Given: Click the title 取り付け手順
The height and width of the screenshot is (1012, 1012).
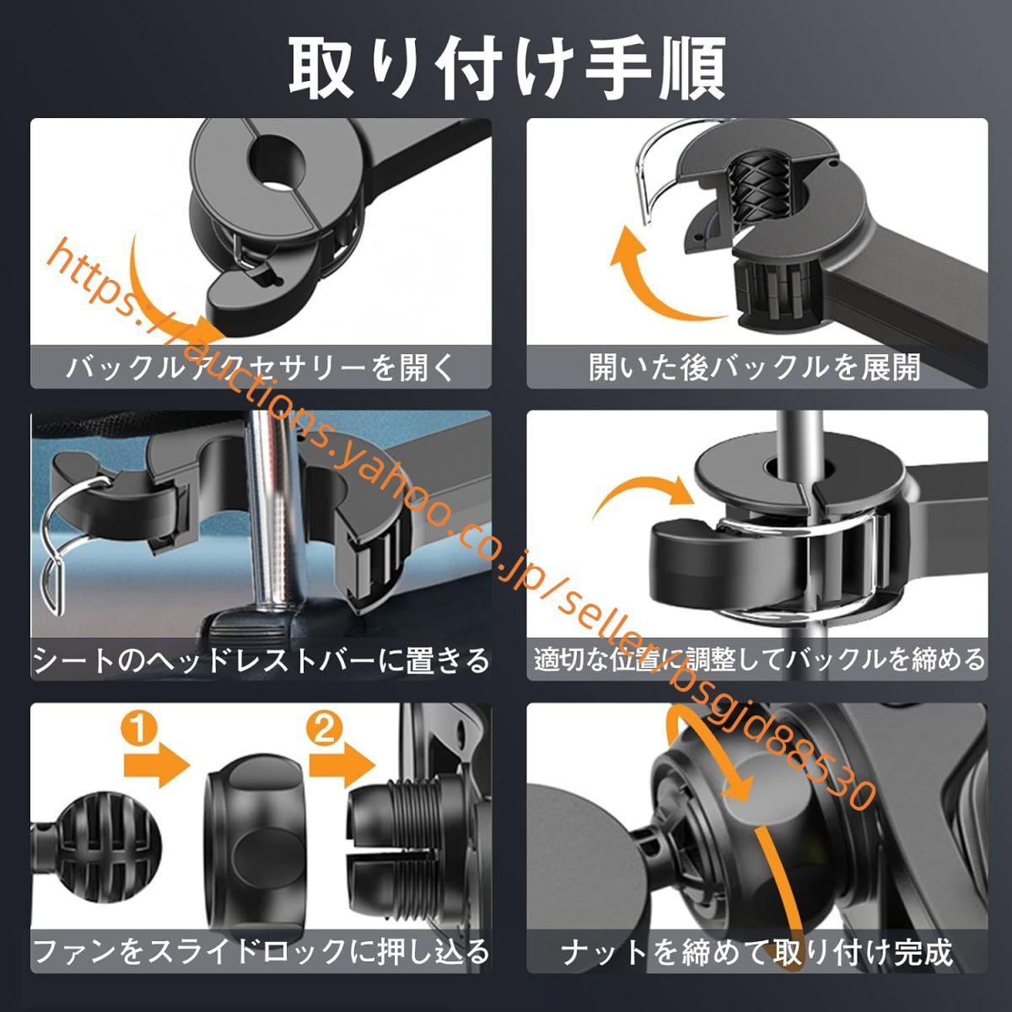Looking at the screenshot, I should (506, 67).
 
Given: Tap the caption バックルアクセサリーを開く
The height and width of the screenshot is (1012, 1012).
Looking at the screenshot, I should (261, 368).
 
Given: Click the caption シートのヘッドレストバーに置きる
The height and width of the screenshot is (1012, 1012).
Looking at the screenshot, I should (261, 659).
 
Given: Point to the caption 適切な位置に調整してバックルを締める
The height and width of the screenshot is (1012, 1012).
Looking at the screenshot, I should (758, 659).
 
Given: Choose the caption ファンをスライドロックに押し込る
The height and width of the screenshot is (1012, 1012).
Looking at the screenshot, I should (261, 952).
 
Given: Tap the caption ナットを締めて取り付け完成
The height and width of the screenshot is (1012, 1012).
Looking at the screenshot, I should (756, 952).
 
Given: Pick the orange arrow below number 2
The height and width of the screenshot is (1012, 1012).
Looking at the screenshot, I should (342, 767).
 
